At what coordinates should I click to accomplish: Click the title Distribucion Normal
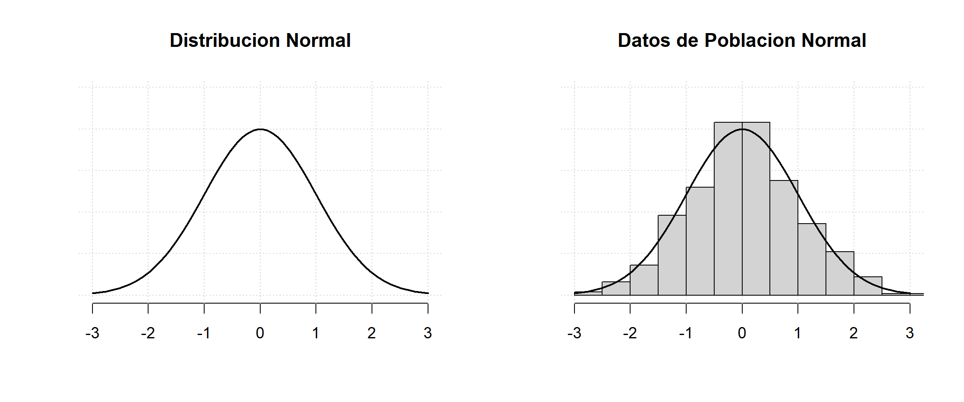click(x=260, y=41)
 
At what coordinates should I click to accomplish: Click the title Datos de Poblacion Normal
click(x=741, y=41)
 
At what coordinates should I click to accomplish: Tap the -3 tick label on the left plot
click(x=92, y=333)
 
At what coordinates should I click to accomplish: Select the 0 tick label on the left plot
click(x=260, y=333)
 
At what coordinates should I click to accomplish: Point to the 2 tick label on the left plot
click(x=372, y=333)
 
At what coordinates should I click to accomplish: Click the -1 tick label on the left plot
click(x=204, y=333)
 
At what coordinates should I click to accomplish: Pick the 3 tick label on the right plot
click(x=910, y=333)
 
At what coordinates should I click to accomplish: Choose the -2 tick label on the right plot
click(x=630, y=333)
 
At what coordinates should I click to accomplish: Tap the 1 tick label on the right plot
click(x=797, y=333)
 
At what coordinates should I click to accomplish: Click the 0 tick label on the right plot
click(x=742, y=333)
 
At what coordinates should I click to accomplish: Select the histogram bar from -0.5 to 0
click(x=728, y=209)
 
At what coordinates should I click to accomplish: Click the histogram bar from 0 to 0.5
click(x=756, y=209)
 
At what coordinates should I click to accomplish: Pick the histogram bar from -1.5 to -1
click(x=672, y=255)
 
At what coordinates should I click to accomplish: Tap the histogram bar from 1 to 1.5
click(x=812, y=260)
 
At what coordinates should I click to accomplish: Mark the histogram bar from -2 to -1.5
click(x=644, y=281)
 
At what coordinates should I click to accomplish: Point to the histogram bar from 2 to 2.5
click(x=868, y=286)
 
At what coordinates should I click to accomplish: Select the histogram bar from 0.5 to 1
click(x=784, y=239)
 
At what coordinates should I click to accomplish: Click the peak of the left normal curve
click(x=260, y=129)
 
